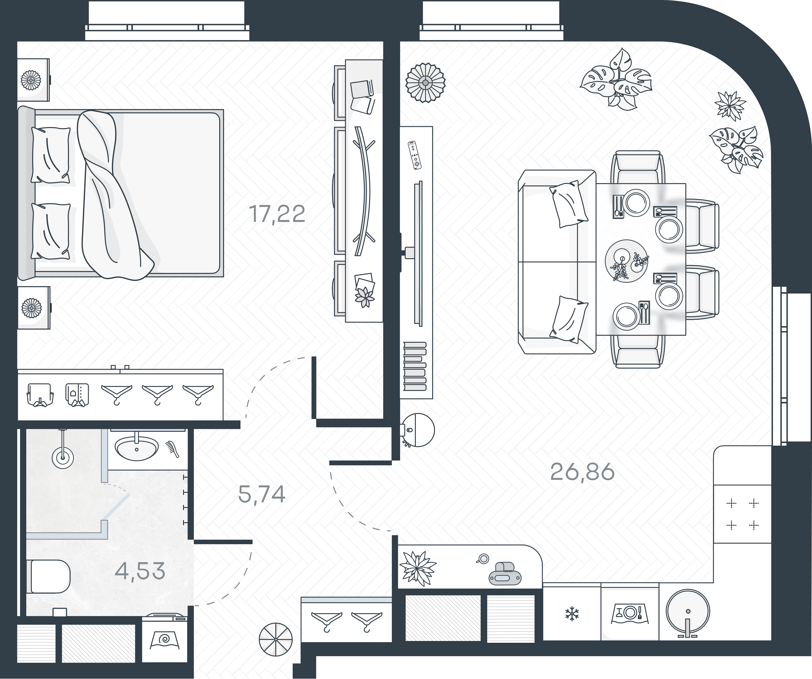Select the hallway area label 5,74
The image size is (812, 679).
click(262, 494)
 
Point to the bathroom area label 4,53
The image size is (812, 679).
click(140, 571)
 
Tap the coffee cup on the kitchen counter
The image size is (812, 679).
click(483, 559)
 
